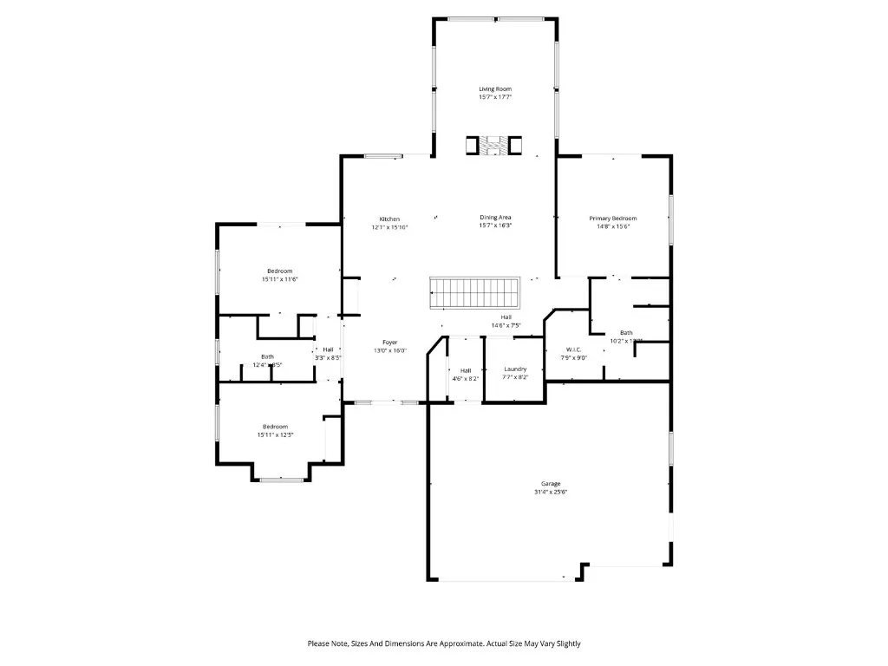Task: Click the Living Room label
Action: click(495, 89)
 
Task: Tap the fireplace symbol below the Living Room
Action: click(495, 146)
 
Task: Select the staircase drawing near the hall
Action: click(473, 292)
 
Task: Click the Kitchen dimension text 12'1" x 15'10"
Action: click(389, 227)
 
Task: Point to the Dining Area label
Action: click(495, 218)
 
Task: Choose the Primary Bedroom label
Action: click(613, 219)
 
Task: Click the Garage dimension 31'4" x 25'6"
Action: click(551, 492)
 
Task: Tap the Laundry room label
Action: click(515, 369)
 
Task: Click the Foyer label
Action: click(389, 343)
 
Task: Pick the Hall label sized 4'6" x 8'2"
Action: click(465, 370)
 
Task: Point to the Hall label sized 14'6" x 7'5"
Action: click(506, 317)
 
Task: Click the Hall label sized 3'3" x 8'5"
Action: click(328, 349)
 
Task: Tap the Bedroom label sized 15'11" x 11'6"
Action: click(279, 271)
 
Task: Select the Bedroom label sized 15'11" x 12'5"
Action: click(275, 427)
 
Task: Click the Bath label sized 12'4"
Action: click(267, 357)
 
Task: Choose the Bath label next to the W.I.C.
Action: click(625, 333)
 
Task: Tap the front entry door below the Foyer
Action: click(386, 402)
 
